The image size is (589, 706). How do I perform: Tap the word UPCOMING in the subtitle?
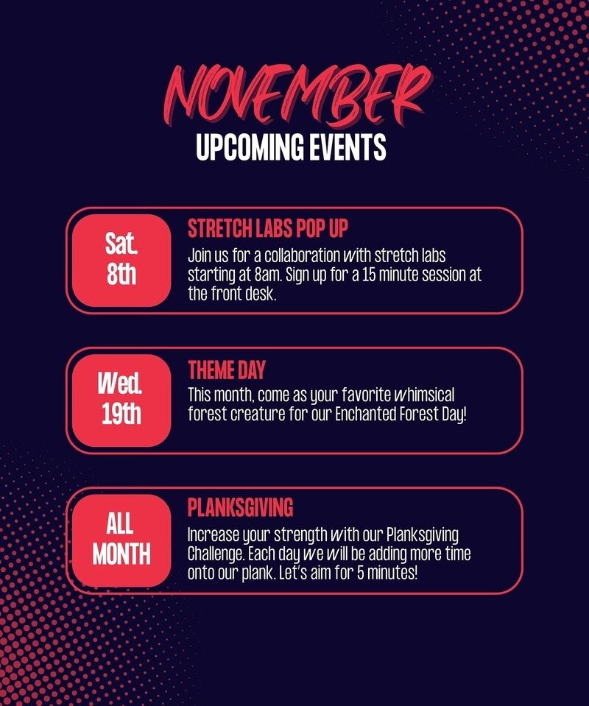pyautogui.click(x=250, y=147)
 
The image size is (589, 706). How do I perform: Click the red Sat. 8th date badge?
pyautogui.click(x=121, y=261)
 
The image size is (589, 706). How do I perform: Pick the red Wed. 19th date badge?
pyautogui.click(x=121, y=400)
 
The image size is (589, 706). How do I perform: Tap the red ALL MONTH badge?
pyautogui.click(x=121, y=540)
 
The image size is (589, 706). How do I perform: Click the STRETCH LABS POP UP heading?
pyautogui.click(x=268, y=228)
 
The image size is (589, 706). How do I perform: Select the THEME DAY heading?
pyautogui.click(x=227, y=370)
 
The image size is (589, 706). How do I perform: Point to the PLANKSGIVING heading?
pyautogui.click(x=241, y=507)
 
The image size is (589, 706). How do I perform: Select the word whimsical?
pyautogui.click(x=424, y=395)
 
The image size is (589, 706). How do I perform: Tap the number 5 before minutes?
pyautogui.click(x=361, y=573)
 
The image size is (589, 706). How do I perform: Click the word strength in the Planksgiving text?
pyautogui.click(x=300, y=535)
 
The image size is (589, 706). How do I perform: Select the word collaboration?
pyautogui.click(x=302, y=255)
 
